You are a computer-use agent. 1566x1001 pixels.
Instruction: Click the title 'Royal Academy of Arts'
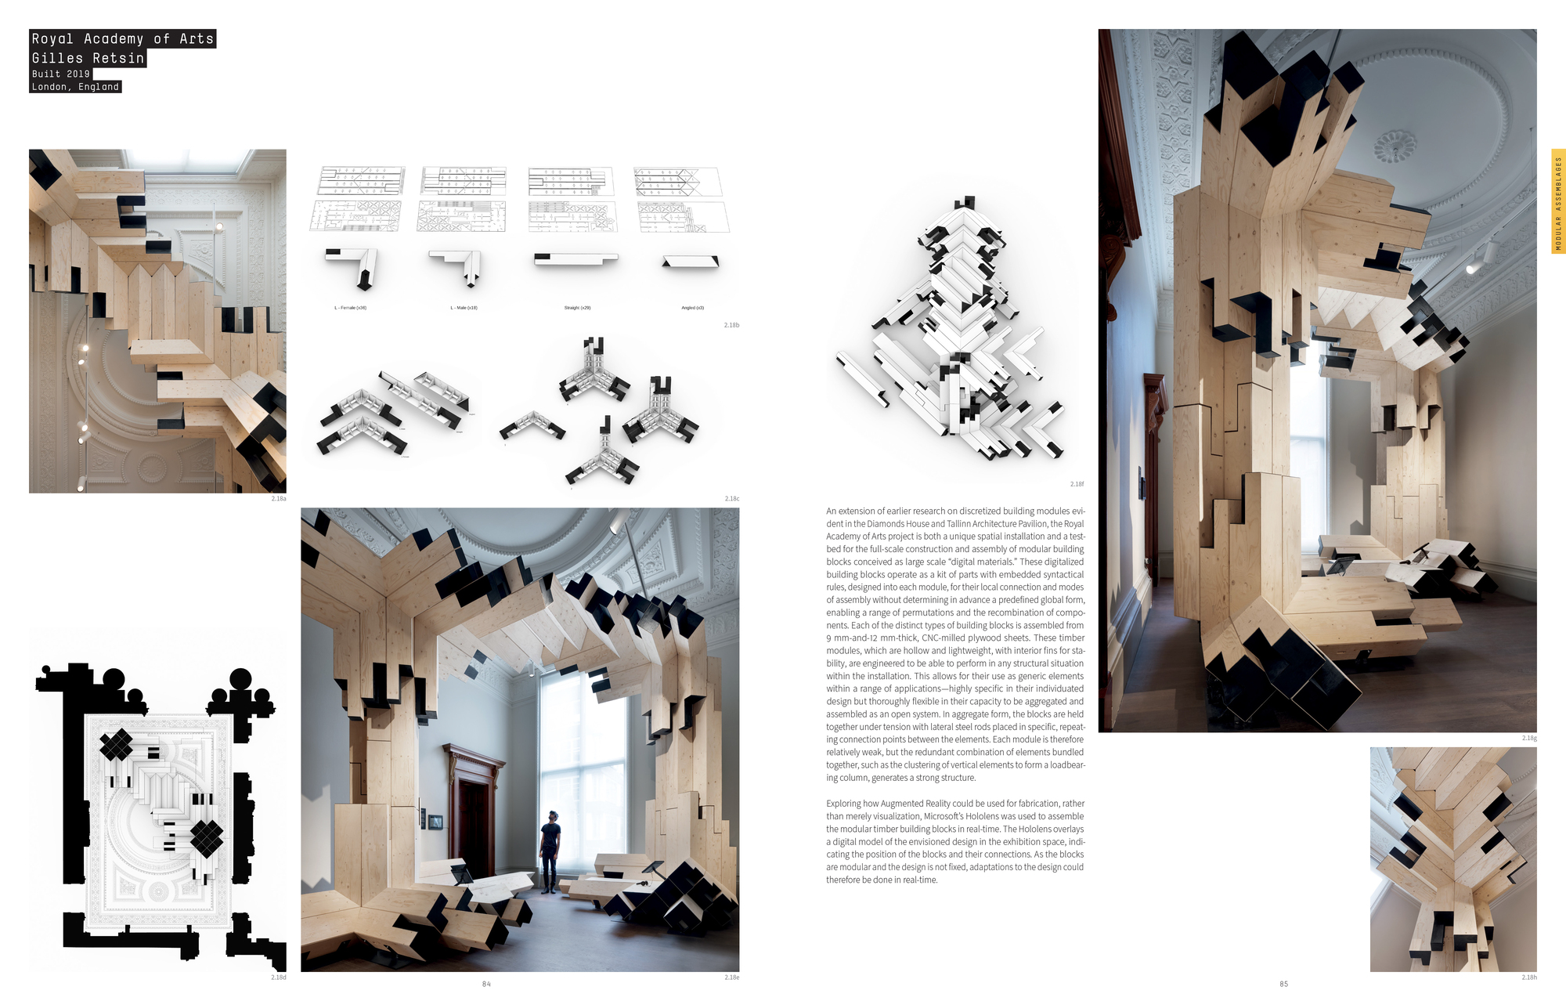tap(122, 39)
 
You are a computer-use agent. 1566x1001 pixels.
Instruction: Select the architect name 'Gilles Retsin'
tap(88, 59)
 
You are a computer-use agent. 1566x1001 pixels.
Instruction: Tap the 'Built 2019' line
tap(61, 74)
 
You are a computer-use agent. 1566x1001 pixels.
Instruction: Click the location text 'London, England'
tap(75, 87)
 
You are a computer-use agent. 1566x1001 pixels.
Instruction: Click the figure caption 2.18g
tap(1528, 738)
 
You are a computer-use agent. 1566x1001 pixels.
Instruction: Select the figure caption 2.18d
tap(278, 978)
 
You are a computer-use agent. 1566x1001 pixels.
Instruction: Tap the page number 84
tap(486, 984)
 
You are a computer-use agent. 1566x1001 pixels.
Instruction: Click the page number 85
tap(1283, 984)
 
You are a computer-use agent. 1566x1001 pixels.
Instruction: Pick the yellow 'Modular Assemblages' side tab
tap(1558, 201)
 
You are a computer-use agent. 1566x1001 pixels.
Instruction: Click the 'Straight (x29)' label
tap(577, 308)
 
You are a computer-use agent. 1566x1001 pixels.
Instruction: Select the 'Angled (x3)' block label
tap(692, 308)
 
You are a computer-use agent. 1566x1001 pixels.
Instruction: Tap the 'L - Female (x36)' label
tap(350, 308)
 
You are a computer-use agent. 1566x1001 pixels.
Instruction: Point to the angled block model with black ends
tap(690, 262)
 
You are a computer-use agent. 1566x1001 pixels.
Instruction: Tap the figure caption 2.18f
tap(1077, 484)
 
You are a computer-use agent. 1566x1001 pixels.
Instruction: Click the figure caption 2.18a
tap(278, 498)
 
